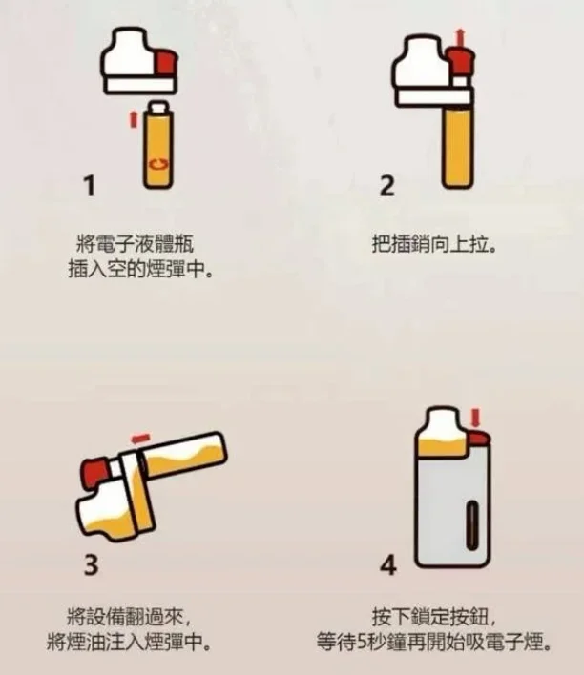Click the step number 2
(x=386, y=187)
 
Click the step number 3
(x=92, y=563)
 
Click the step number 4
(x=387, y=563)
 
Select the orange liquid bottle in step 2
(x=453, y=143)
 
